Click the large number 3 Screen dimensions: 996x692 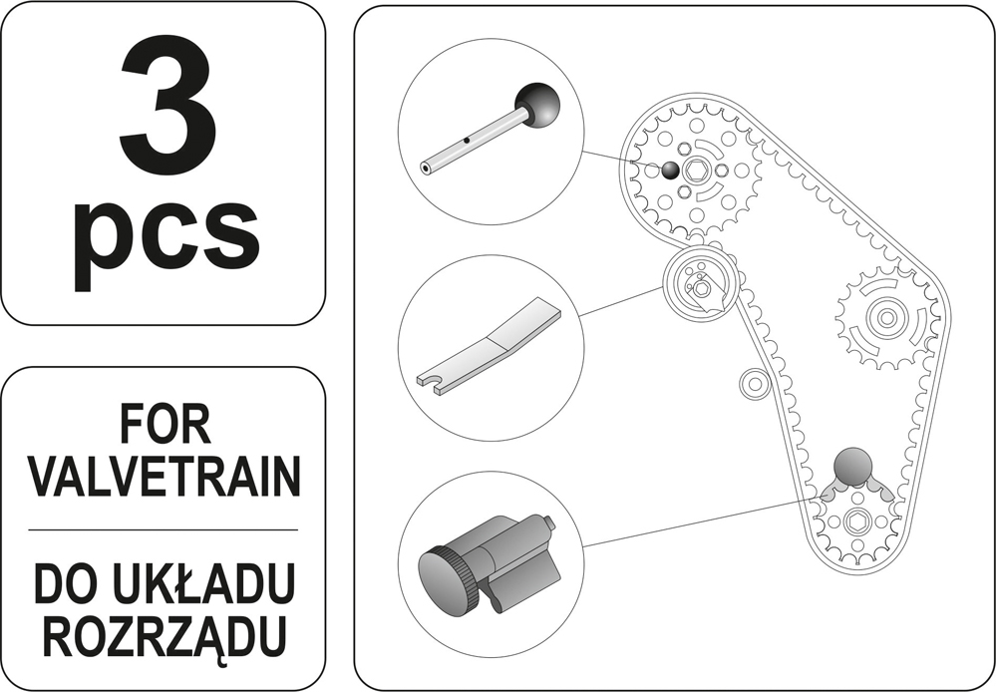pos(167,98)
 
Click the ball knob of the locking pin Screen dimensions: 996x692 pos(537,106)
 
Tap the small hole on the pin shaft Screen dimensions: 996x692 pos(467,140)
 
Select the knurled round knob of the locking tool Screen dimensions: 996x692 pos(444,579)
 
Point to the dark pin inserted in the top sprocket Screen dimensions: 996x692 pos(670,171)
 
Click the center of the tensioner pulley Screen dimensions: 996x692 pos(701,288)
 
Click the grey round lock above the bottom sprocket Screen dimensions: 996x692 pos(852,467)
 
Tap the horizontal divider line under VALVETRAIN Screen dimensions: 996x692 pos(164,529)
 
